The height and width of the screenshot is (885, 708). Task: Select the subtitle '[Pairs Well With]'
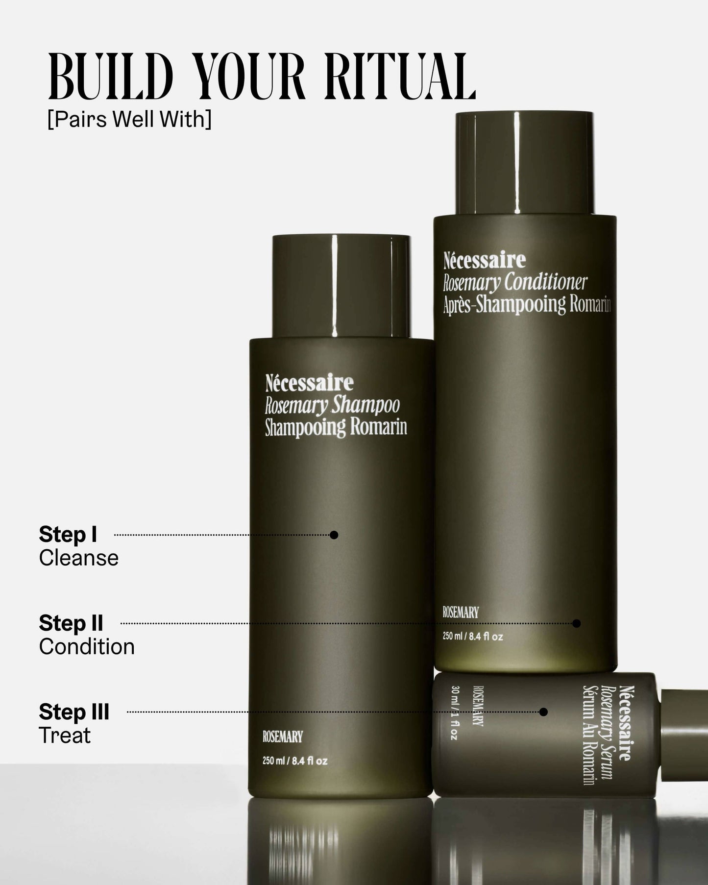pyautogui.click(x=129, y=119)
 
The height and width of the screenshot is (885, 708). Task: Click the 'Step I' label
pyautogui.click(x=68, y=535)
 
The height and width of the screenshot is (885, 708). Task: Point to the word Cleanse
pyautogui.click(x=79, y=558)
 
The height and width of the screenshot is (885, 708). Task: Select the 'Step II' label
pyautogui.click(x=71, y=623)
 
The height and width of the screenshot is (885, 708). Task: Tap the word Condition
pyautogui.click(x=87, y=647)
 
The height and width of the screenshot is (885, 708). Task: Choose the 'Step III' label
pyautogui.click(x=74, y=712)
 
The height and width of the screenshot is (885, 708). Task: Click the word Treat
pyautogui.click(x=65, y=736)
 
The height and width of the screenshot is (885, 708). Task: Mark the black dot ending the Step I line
pyautogui.click(x=334, y=535)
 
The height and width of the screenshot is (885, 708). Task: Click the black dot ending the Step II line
pyautogui.click(x=577, y=623)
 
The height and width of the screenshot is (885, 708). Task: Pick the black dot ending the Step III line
pyautogui.click(x=543, y=712)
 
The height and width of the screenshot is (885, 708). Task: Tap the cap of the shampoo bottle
pyautogui.click(x=341, y=286)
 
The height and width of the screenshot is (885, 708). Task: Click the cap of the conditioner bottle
pyautogui.click(x=524, y=163)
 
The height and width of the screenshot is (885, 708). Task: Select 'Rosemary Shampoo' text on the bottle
pyautogui.click(x=332, y=406)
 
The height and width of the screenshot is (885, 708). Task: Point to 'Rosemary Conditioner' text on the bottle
pyautogui.click(x=515, y=282)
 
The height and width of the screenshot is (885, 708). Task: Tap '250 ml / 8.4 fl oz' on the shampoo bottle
pyautogui.click(x=295, y=761)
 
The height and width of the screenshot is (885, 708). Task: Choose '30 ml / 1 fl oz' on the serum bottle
pyautogui.click(x=454, y=713)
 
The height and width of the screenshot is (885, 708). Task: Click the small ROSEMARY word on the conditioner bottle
pyautogui.click(x=461, y=613)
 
